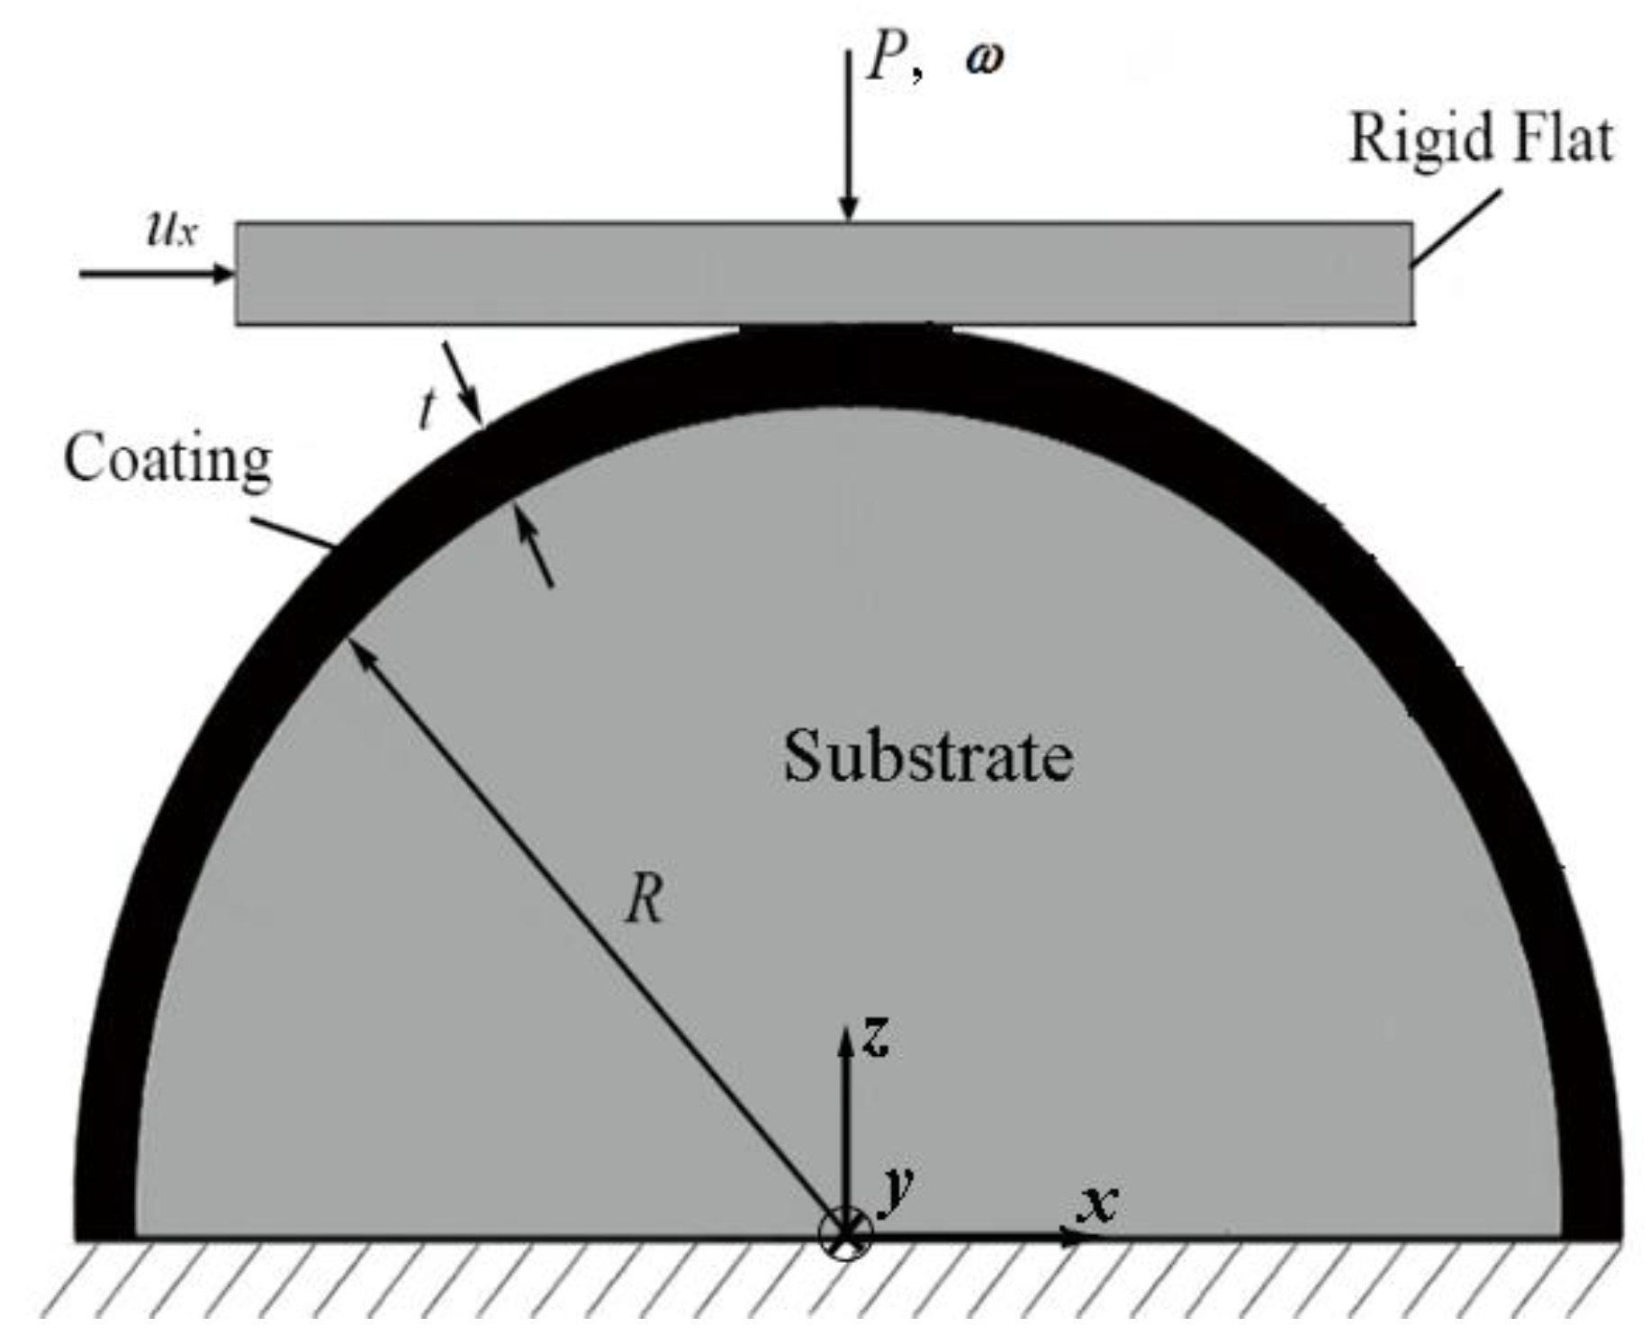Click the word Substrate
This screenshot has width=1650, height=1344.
click(x=927, y=757)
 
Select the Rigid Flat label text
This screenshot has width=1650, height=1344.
click(x=1481, y=140)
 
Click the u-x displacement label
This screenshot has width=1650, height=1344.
click(x=171, y=230)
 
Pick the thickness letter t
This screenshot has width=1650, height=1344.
click(x=427, y=410)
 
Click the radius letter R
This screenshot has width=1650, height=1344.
click(x=645, y=898)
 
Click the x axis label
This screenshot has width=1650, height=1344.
click(x=1098, y=1202)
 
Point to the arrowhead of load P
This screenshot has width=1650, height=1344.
click(x=847, y=207)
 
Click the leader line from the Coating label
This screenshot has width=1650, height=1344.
click(x=293, y=532)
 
